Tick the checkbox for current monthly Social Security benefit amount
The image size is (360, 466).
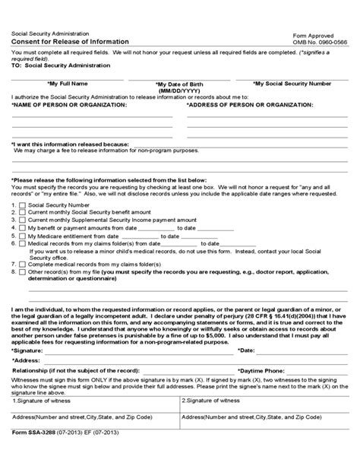pyautogui.click(x=22, y=213)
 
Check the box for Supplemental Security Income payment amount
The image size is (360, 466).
pyautogui.click(x=22, y=220)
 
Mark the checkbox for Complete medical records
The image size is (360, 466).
pyautogui.click(x=22, y=262)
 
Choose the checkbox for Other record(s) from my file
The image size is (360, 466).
pyautogui.click(x=22, y=270)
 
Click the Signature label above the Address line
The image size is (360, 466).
pyautogui.click(x=28, y=351)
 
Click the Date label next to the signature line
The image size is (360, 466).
pyautogui.click(x=246, y=351)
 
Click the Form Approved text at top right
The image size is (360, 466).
pyautogui.click(x=313, y=36)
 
